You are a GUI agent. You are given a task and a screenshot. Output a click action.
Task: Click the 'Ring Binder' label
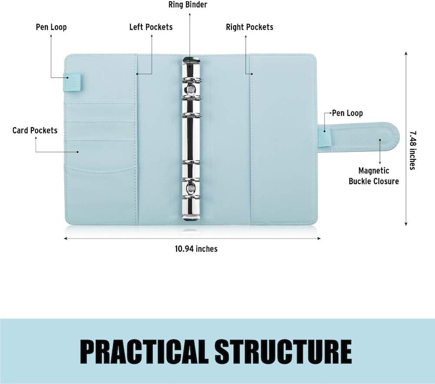[x=187, y=5]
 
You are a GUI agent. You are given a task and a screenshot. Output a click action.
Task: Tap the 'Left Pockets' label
[x=151, y=27]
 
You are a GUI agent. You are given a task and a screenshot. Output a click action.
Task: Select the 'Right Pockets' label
[x=249, y=27]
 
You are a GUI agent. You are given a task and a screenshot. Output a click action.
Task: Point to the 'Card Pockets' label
[x=35, y=130]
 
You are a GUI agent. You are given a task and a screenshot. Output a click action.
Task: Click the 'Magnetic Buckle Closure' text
[x=374, y=176]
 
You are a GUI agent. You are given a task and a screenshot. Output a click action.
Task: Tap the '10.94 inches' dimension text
[x=196, y=249]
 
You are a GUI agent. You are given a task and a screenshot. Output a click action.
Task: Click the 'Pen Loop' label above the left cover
[x=51, y=27]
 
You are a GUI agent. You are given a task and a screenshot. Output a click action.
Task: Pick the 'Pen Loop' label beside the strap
[x=347, y=113]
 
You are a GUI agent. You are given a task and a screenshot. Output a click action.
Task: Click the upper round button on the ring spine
[x=191, y=89]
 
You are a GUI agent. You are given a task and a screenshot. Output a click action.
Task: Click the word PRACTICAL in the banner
[x=144, y=351]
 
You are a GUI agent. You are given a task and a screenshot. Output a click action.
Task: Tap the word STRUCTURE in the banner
[x=284, y=351]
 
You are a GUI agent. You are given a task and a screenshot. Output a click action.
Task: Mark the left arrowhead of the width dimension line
[x=66, y=238]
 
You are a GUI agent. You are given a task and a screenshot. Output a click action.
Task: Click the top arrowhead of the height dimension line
[x=406, y=53]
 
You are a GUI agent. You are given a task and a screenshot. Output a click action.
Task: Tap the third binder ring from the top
[x=191, y=114]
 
